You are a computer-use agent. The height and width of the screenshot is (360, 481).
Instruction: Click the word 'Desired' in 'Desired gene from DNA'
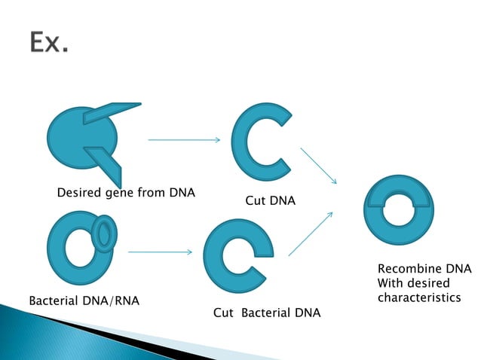(x=80, y=193)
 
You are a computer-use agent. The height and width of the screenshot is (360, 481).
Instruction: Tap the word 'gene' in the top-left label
(x=120, y=194)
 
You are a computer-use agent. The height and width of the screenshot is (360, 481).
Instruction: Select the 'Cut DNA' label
(x=270, y=201)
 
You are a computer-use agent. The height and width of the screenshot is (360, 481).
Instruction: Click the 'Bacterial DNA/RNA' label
(x=84, y=301)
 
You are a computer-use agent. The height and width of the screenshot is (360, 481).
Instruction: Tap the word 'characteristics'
(x=418, y=297)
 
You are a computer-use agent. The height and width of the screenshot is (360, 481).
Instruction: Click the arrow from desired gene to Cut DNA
(x=184, y=139)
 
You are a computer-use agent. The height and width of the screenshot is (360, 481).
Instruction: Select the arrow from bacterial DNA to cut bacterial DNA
(x=160, y=252)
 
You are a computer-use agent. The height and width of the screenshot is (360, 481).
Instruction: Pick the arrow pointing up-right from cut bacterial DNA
(x=311, y=233)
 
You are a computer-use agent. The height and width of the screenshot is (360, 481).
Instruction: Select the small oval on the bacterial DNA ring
(x=104, y=233)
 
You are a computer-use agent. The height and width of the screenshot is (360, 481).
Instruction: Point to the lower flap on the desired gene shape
(x=103, y=160)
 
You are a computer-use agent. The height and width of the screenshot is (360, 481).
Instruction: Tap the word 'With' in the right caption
(x=391, y=283)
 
